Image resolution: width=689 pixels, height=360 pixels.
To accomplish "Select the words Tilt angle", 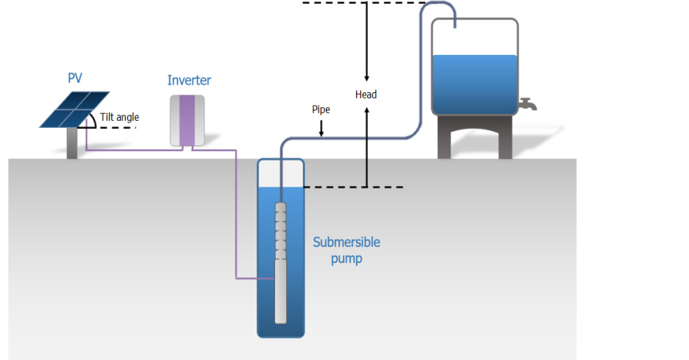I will click(120, 118).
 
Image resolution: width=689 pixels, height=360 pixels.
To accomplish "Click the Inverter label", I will click(189, 80).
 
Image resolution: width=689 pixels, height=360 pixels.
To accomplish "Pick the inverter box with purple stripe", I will click(188, 121).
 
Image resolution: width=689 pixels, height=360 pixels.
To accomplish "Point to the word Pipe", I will click(320, 110).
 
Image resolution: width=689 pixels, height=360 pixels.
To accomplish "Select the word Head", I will click(366, 95).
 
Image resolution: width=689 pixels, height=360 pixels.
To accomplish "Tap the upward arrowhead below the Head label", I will click(366, 111).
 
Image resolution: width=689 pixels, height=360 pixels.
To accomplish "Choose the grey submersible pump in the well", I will click(280, 262).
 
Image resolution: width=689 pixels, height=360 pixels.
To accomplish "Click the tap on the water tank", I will click(526, 104).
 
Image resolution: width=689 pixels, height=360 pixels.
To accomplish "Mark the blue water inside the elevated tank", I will click(474, 84).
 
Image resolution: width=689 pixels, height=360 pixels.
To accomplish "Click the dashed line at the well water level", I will click(354, 188).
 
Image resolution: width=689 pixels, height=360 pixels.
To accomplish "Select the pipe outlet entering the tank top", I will click(455, 22).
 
